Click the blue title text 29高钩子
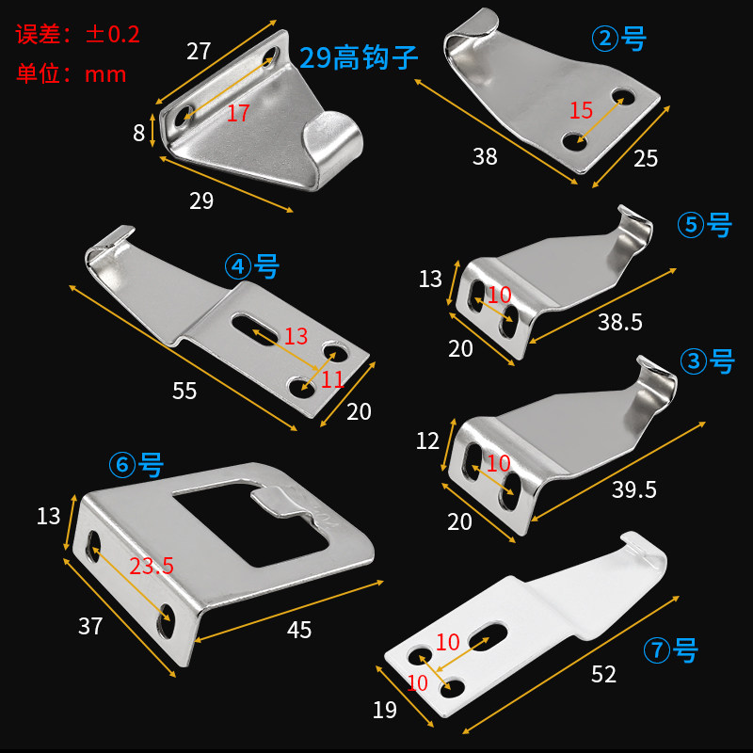pyautogui.click(x=359, y=57)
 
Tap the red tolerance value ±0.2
pyautogui.click(x=113, y=36)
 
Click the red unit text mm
pyautogui.click(x=105, y=74)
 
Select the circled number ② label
pyautogui.click(x=602, y=39)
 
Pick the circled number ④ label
pyautogui.click(x=236, y=267)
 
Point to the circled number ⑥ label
pyautogui.click(x=121, y=465)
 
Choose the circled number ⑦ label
pyautogui.click(x=656, y=649)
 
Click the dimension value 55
pyautogui.click(x=184, y=391)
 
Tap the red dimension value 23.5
pyautogui.click(x=151, y=567)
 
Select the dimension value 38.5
pyautogui.click(x=619, y=323)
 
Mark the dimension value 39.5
pyautogui.click(x=633, y=489)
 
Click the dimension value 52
pyautogui.click(x=603, y=675)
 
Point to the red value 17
pyautogui.click(x=237, y=114)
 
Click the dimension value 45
pyautogui.click(x=298, y=630)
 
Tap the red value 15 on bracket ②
pyautogui.click(x=581, y=110)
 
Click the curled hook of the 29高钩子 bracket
pyautogui.click(x=334, y=141)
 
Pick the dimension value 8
pyautogui.click(x=139, y=133)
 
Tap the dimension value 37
pyautogui.click(x=90, y=626)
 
